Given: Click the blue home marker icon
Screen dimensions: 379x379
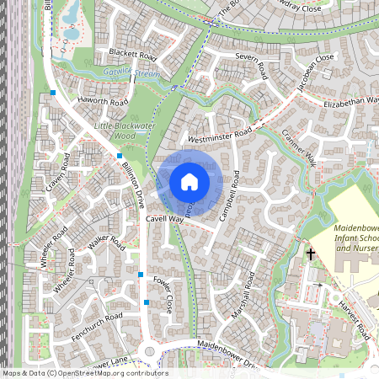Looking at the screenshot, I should tap(189, 181).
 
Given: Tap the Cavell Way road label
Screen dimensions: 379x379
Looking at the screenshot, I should tap(164, 219).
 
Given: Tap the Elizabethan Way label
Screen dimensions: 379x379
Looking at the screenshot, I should tap(350, 103).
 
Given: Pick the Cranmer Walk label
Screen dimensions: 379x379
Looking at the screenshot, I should tap(298, 147).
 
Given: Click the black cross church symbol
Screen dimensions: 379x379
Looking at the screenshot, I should tap(310, 253).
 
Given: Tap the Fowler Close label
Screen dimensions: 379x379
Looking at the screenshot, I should tap(168, 297).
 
